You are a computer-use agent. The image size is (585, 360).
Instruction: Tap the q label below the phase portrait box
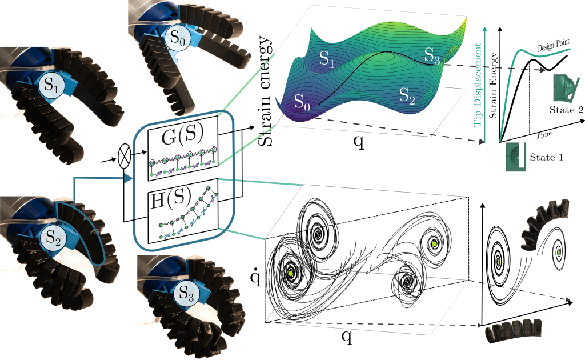click(346, 337)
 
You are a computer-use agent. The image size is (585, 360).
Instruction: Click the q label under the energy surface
click(358, 142)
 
